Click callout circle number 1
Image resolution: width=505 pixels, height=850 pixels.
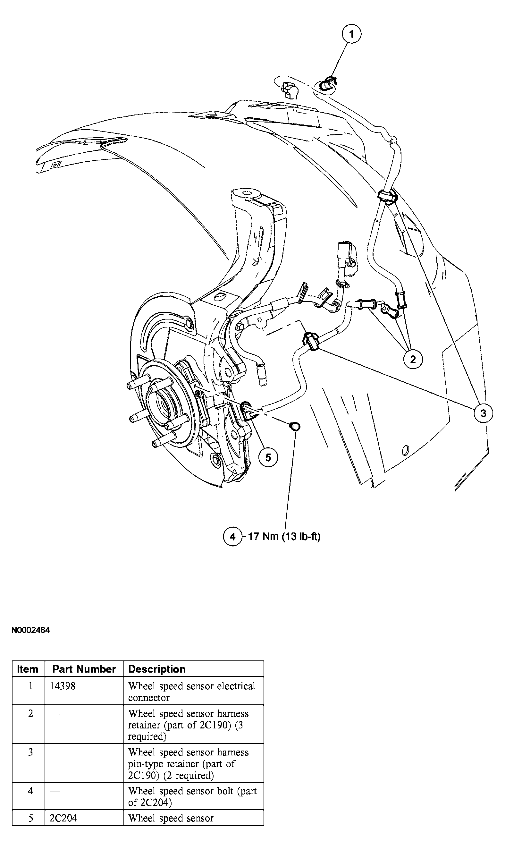point(351,34)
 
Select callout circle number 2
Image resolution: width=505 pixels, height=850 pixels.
point(413,359)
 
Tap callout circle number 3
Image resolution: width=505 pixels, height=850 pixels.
point(483,413)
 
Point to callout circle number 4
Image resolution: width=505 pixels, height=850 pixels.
point(232,537)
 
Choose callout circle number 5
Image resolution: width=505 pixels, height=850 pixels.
point(268,457)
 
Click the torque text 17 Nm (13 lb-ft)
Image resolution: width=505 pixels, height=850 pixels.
point(284,537)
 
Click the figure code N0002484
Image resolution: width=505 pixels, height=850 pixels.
point(31,630)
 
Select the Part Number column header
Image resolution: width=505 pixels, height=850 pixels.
point(84,669)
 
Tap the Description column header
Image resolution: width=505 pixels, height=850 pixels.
point(157,669)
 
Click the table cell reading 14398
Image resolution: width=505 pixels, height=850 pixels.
point(63,685)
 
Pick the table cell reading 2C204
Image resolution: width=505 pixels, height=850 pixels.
point(63,818)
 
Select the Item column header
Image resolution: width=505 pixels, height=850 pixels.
point(28,669)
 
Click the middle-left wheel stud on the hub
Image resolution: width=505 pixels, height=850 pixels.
point(137,418)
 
